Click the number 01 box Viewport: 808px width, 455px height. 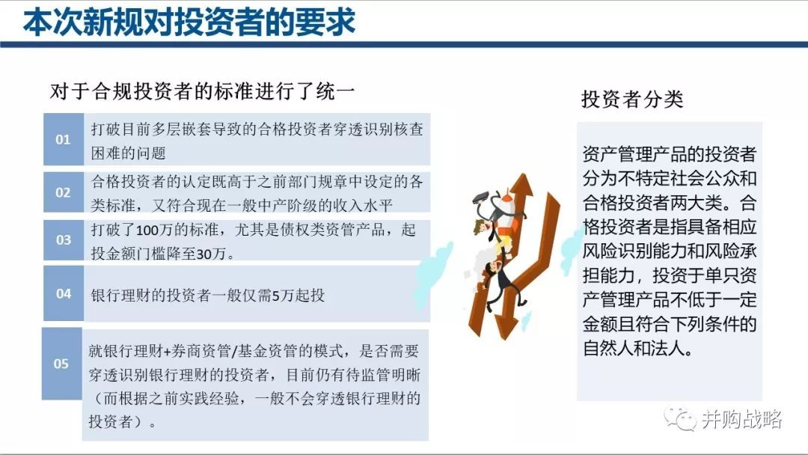64,139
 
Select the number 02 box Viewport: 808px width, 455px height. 64,192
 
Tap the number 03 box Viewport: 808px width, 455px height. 64,239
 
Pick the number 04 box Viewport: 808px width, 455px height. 64,293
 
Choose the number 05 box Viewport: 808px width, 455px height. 61,363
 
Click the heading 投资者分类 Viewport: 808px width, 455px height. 632,99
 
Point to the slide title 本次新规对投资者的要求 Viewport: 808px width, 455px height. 189,22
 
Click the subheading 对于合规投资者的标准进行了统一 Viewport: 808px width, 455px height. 203,91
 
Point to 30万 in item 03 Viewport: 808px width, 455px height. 212,254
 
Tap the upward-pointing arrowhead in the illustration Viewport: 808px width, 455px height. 524,185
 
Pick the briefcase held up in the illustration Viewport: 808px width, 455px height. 480,197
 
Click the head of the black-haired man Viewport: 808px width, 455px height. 492,268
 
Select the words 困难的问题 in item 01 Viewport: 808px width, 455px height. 129,153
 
